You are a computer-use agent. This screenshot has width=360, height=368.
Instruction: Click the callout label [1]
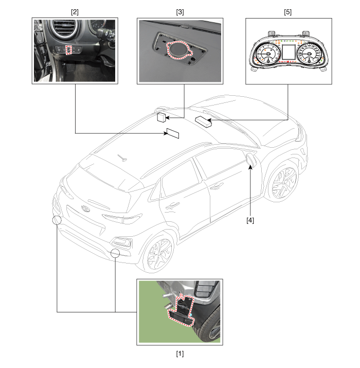[180, 354]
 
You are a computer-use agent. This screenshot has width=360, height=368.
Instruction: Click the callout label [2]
[75, 12]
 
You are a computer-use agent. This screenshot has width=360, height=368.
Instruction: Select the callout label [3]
[180, 12]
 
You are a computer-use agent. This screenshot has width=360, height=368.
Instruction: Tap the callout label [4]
[250, 220]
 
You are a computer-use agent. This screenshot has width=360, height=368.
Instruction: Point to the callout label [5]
[288, 12]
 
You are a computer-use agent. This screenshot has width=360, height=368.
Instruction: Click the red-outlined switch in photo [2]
[68, 50]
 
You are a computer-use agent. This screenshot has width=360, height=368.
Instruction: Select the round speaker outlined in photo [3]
[179, 50]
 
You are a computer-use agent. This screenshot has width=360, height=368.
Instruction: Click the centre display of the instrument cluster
[289, 52]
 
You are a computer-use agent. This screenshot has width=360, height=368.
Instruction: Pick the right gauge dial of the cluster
[309, 54]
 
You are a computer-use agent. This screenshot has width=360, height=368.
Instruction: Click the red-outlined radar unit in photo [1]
[182, 310]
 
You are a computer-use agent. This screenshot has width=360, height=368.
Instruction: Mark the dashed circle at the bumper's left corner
[57, 220]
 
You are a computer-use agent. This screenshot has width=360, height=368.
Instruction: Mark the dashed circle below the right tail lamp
[115, 253]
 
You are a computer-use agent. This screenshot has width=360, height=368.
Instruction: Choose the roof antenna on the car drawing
[123, 158]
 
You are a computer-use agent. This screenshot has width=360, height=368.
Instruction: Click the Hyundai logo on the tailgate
[85, 208]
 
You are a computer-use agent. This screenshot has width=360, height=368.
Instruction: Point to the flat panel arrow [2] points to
[173, 133]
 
